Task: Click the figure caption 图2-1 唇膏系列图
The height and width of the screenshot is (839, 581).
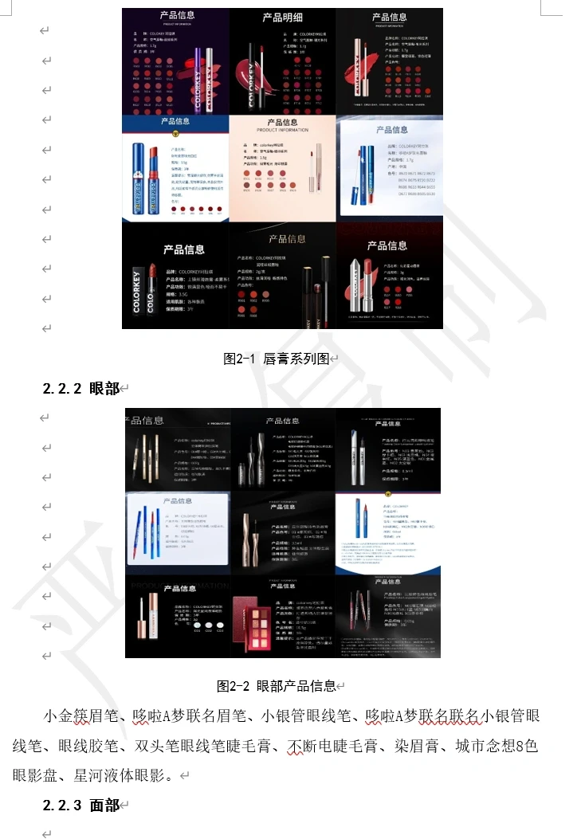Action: click(276, 359)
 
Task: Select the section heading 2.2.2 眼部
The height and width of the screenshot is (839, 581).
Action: click(80, 388)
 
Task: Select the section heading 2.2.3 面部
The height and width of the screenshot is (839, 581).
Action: click(80, 806)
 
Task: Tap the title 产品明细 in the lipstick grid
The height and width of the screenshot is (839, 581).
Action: click(282, 18)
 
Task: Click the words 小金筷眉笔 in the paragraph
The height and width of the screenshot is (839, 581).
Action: click(78, 716)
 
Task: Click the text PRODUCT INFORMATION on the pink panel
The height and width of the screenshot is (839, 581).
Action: click(282, 130)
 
